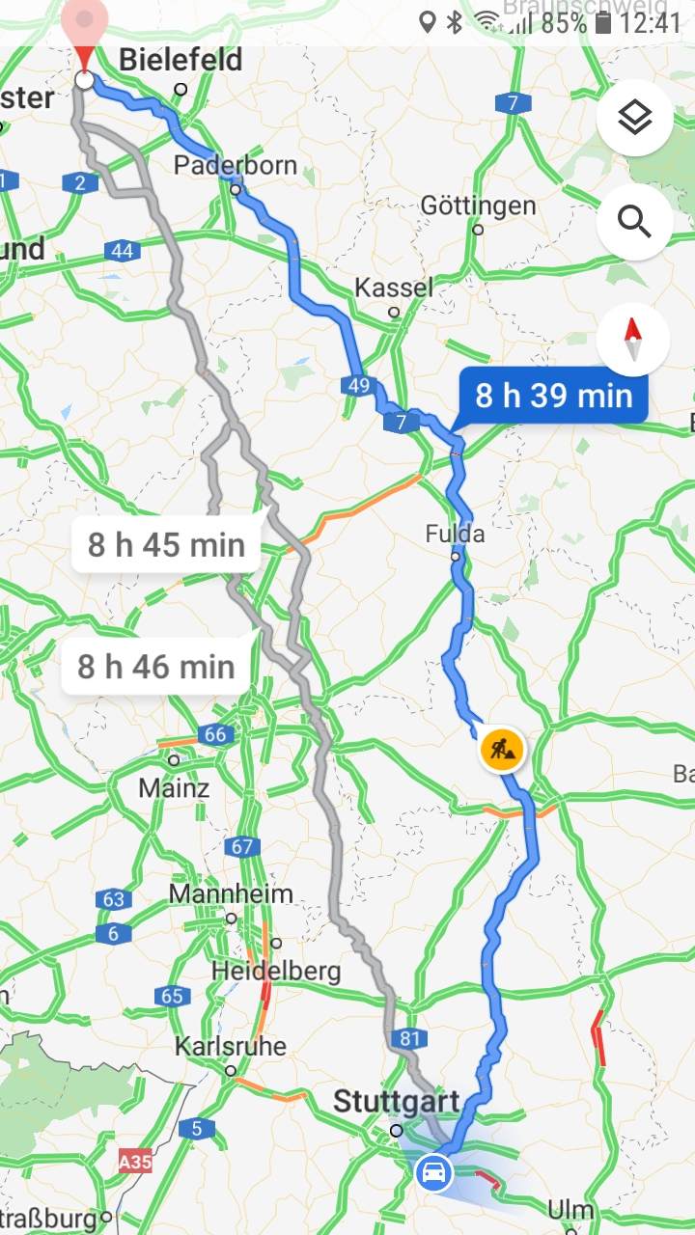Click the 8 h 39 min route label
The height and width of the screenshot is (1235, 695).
pos(553,396)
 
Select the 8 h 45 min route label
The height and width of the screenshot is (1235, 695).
pos(166,545)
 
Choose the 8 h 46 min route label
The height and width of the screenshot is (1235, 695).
pos(156,667)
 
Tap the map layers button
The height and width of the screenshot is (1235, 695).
pos(634,119)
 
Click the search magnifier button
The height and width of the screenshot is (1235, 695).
pos(634,222)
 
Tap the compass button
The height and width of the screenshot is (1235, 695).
pos(633,340)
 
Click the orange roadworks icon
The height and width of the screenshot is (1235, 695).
pos(501,749)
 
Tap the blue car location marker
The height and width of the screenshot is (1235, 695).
pos(433,1173)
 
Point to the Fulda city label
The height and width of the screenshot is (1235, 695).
pos(456,534)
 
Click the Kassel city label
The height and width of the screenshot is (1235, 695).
pos(394,288)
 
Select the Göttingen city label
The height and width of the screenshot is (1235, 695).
pos(478,206)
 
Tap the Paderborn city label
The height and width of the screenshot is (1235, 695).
pos(236,165)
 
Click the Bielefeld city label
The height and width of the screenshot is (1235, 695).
pos(181,61)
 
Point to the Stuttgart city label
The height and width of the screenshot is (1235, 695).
pos(397,1102)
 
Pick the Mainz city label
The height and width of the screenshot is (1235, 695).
pos(174,787)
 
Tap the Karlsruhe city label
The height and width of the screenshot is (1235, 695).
pos(231,1046)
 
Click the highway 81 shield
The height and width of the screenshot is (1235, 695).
pos(410,1038)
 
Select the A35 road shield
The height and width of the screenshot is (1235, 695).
pos(135,1163)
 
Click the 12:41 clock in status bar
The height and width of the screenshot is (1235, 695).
pos(651,22)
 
